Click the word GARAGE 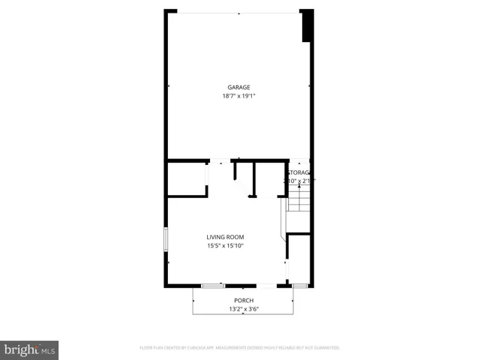(x=239, y=87)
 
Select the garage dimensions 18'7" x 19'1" (x=239, y=96)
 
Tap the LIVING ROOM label (x=226, y=237)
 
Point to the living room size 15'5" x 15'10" (x=226, y=246)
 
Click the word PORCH (x=244, y=300)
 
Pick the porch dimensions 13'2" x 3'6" (x=244, y=308)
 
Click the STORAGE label (x=299, y=172)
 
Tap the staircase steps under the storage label (x=298, y=200)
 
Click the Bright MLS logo (x=29, y=349)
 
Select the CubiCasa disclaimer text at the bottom (x=240, y=348)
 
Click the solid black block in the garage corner (x=306, y=26)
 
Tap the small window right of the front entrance (x=299, y=286)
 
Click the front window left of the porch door (x=213, y=286)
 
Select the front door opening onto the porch (x=267, y=286)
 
